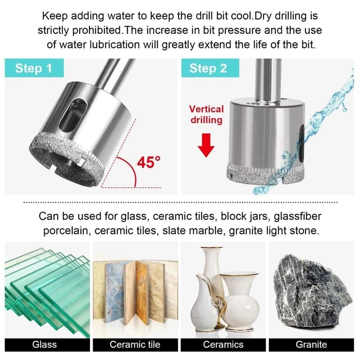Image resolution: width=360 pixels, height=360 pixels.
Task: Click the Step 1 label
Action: pos(34,68)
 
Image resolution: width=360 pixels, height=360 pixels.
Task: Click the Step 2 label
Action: pos(208,68)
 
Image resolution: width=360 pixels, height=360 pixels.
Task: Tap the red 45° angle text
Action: pos(148,162)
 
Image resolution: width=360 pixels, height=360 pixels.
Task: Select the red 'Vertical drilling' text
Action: pos(206,114)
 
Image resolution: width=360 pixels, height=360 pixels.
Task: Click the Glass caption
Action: pos(45,345)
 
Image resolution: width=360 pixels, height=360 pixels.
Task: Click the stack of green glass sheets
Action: pos(45,288)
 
